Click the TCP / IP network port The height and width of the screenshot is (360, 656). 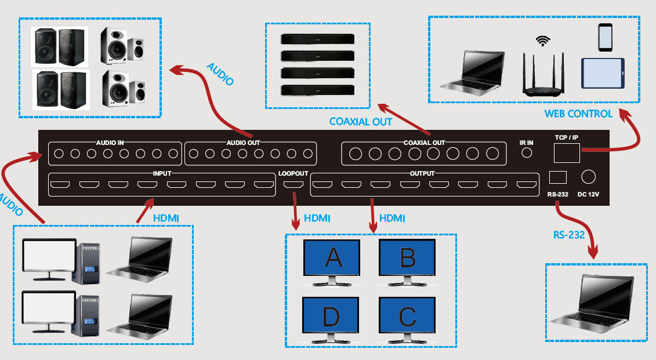(x=567, y=153)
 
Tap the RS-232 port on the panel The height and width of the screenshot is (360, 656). (x=557, y=177)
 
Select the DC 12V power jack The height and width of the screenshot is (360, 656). (x=588, y=177)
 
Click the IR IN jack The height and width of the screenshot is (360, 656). (x=527, y=153)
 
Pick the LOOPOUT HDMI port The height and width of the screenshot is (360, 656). (x=293, y=186)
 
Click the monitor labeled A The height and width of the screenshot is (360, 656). (x=332, y=259)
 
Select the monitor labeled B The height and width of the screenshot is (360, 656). (x=407, y=259)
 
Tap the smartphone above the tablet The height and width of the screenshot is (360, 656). (x=606, y=37)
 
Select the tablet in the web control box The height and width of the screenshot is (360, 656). (x=603, y=73)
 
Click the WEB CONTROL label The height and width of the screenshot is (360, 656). (x=578, y=114)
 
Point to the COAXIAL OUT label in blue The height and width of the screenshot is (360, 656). (x=361, y=122)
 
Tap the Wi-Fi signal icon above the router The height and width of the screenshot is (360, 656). (x=543, y=41)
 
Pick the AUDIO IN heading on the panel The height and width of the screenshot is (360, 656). (x=110, y=143)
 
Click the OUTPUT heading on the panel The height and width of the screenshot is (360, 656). (x=422, y=173)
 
